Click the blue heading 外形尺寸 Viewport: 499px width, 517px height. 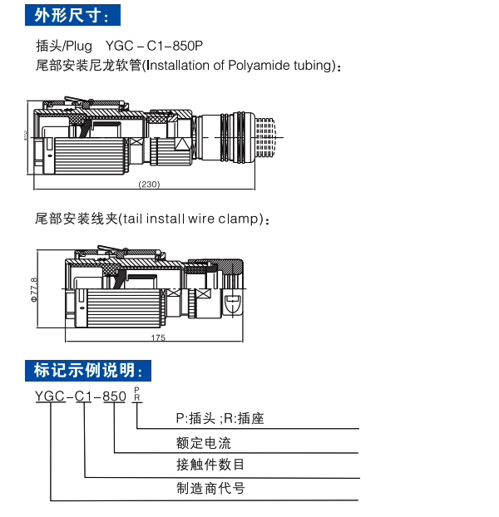(72, 15)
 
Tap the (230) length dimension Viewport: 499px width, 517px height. (149, 184)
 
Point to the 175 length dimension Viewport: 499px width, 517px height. (159, 337)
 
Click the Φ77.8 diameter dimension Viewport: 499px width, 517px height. (34, 291)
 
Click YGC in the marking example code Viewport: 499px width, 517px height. (50, 396)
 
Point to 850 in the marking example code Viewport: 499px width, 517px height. (114, 396)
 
